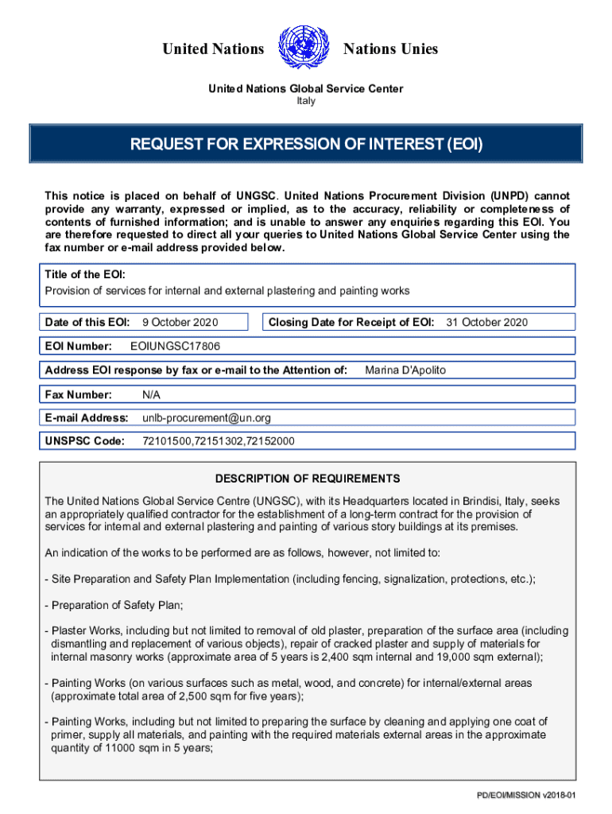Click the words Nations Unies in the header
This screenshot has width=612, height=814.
(390, 49)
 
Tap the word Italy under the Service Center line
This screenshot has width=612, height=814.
(306, 102)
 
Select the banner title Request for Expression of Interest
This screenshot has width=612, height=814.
(306, 145)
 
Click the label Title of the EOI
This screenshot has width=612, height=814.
(84, 274)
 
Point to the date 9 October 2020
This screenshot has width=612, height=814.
(180, 322)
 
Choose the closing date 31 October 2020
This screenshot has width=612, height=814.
(486, 322)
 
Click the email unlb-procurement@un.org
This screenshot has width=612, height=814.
(207, 417)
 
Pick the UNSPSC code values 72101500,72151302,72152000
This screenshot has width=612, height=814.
(219, 441)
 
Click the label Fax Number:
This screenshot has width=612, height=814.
(79, 394)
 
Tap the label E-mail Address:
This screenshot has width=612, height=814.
(87, 417)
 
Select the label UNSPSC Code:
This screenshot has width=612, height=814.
(84, 441)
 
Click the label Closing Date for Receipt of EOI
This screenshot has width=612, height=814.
(351, 322)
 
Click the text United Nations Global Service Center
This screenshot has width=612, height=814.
(306, 88)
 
